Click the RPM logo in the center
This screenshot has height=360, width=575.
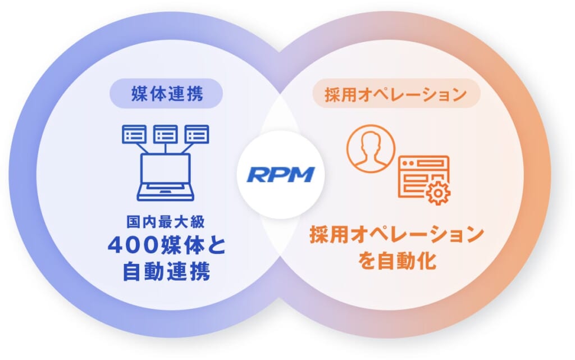pyautogui.click(x=281, y=175)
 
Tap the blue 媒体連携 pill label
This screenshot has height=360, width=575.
pyautogui.click(x=166, y=93)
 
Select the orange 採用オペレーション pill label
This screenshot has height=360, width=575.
pyautogui.click(x=396, y=93)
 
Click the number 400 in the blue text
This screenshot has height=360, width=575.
pyautogui.click(x=133, y=245)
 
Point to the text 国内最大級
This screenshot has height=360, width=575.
pyautogui.click(x=166, y=222)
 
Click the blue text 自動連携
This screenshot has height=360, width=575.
pyautogui.click(x=166, y=271)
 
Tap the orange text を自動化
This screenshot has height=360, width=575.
pyautogui.click(x=397, y=260)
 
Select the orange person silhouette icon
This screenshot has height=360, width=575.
pyautogui.click(x=371, y=148)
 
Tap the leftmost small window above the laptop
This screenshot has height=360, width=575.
pyautogui.click(x=134, y=134)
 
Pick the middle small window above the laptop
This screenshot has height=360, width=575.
pyautogui.click(x=166, y=134)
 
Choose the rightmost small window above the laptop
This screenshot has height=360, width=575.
pyautogui.click(x=197, y=134)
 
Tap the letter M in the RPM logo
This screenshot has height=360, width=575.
pyautogui.click(x=302, y=175)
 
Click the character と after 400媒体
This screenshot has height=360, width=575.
pyautogui.click(x=216, y=245)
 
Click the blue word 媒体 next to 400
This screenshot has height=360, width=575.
pyautogui.click(x=182, y=245)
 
